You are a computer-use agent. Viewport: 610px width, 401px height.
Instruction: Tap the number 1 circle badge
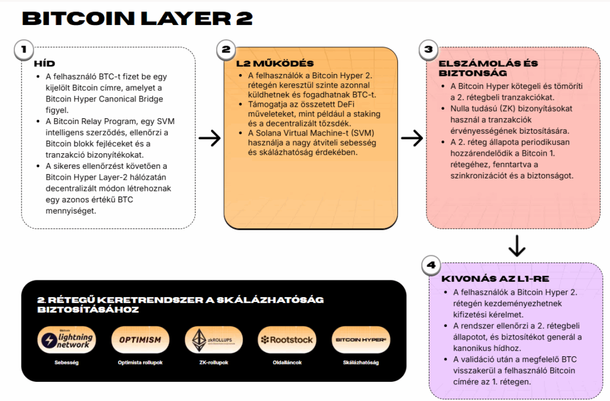coord(23,50)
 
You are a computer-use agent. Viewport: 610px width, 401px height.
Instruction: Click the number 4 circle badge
coord(431,265)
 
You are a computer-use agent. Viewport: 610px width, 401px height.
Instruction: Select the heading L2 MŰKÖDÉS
coord(275,63)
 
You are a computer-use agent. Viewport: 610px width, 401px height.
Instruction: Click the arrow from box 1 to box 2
coord(210,138)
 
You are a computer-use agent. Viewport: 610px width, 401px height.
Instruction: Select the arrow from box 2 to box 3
coord(412,138)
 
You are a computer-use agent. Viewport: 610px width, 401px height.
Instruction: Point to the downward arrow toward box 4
coord(516,245)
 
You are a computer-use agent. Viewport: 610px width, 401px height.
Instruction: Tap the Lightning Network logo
coord(66,340)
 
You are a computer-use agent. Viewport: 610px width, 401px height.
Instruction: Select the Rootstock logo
coord(287,340)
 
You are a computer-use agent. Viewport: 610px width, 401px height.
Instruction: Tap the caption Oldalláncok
coord(287,362)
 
